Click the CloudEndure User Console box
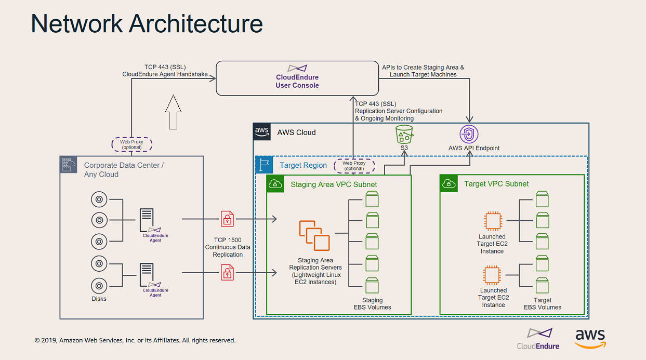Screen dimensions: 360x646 pos(297,78)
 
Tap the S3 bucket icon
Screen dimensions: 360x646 pos(404,134)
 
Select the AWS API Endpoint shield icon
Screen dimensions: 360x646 pos(469,134)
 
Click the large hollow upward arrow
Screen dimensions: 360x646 pos(173,112)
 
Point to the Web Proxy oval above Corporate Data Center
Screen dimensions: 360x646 pos(132,144)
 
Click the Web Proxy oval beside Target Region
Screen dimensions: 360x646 pos(354,166)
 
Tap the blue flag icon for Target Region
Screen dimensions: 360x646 pos(264,165)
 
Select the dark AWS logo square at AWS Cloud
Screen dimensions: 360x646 pos(262,132)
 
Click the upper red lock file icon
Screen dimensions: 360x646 pos(227,219)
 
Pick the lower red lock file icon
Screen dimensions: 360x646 pos(227,272)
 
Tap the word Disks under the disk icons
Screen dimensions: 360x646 pos(99,299)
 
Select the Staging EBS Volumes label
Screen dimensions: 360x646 pos(372,304)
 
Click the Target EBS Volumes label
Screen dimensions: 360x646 pos(543,304)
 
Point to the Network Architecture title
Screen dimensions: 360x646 pos(147,24)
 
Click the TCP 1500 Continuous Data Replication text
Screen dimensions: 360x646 pos(227,247)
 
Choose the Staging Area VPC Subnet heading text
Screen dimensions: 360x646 pos(334,184)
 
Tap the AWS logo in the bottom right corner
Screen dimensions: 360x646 pos(590,338)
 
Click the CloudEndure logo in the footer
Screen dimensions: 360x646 pos(538,339)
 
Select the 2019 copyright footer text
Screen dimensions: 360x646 pos(135,341)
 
